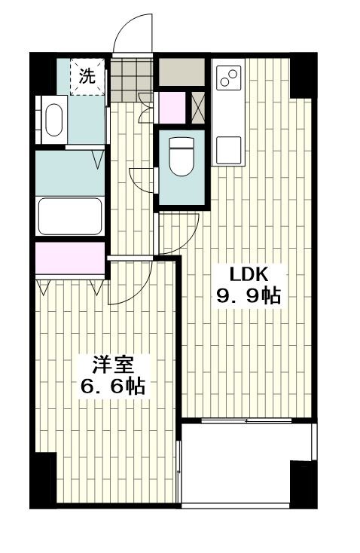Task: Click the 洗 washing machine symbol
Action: [x=87, y=77]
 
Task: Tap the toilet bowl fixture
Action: [x=182, y=156]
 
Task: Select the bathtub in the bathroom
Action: [x=70, y=215]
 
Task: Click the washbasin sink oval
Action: [x=54, y=120]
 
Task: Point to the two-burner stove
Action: [x=228, y=78]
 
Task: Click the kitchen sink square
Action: [x=228, y=150]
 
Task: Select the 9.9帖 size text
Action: [x=249, y=295]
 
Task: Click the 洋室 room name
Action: [x=113, y=365]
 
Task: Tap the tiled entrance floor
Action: [x=132, y=80]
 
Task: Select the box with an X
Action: [x=198, y=107]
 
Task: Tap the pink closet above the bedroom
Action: [x=70, y=258]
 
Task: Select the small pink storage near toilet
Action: [x=172, y=107]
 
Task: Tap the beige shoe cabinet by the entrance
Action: [x=182, y=72]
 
